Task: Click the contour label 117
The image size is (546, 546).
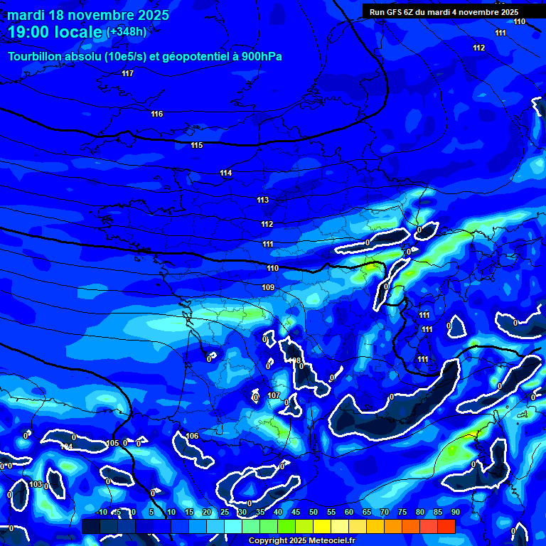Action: click(x=127, y=73)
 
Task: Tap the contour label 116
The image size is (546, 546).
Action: click(x=157, y=114)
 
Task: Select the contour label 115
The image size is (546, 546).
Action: click(x=197, y=145)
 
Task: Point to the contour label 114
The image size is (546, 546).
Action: click(x=226, y=173)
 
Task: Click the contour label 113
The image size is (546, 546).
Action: click(x=263, y=200)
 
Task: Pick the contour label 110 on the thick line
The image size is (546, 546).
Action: click(x=273, y=268)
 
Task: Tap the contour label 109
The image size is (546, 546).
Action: click(x=268, y=287)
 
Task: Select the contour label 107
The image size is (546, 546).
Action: click(x=274, y=395)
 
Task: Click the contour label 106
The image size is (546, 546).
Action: click(x=192, y=436)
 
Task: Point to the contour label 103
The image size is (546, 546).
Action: click(x=36, y=484)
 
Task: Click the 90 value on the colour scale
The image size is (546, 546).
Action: click(x=455, y=512)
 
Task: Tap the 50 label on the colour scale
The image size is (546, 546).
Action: click(x=314, y=512)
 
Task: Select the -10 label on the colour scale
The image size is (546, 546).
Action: click(x=101, y=512)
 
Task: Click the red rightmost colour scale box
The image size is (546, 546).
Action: click(x=446, y=526)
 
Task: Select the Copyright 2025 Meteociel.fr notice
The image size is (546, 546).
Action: click(x=301, y=540)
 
